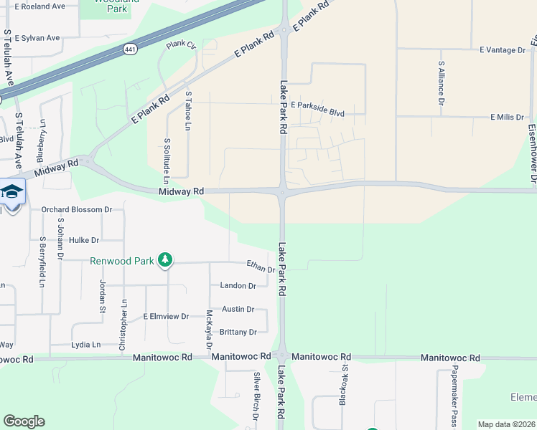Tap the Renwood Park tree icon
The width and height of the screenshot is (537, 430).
tap(166, 259)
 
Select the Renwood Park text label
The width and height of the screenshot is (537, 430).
tap(122, 261)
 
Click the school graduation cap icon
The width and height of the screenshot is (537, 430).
tap(11, 192)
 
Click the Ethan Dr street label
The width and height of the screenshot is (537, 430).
tap(261, 267)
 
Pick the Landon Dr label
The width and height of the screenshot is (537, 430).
tap(238, 286)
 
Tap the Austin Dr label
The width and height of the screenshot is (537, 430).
tap(238, 310)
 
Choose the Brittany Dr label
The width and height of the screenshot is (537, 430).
tap(238, 333)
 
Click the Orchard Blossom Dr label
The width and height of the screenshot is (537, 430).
tap(77, 210)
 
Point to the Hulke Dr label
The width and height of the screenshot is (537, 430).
tap(84, 240)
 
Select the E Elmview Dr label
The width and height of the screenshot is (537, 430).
tap(166, 316)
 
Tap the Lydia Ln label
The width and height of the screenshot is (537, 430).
tap(85, 345)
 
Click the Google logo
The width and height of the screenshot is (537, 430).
tap(24, 421)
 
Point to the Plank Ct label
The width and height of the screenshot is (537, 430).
tap(181, 45)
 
